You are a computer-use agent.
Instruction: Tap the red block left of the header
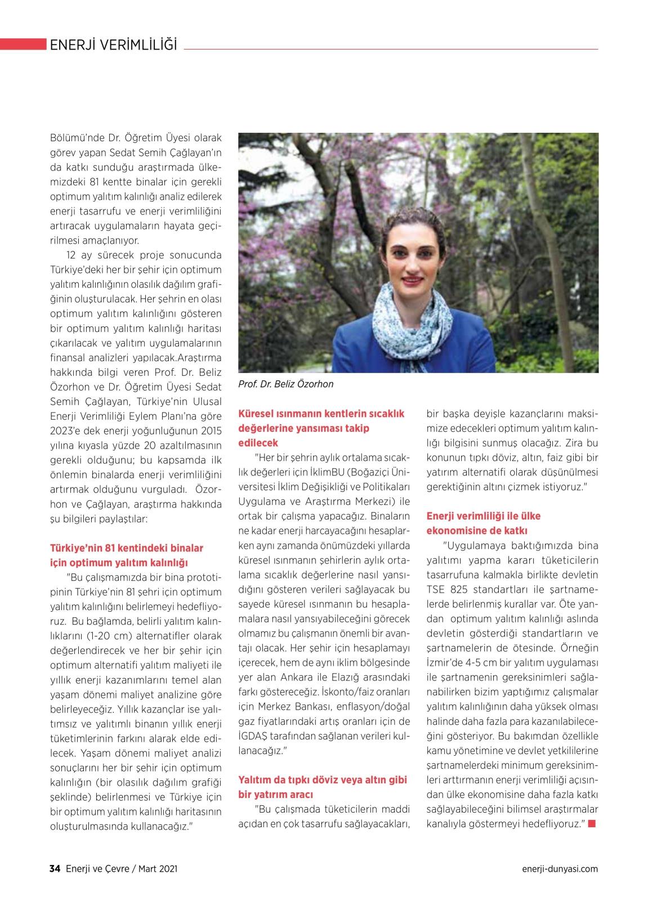23,44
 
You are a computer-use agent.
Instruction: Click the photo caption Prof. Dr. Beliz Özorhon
286,384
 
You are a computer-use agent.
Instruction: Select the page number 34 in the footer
55,869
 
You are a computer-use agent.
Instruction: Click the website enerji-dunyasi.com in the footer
560,869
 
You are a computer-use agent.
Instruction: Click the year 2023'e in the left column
68,431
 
